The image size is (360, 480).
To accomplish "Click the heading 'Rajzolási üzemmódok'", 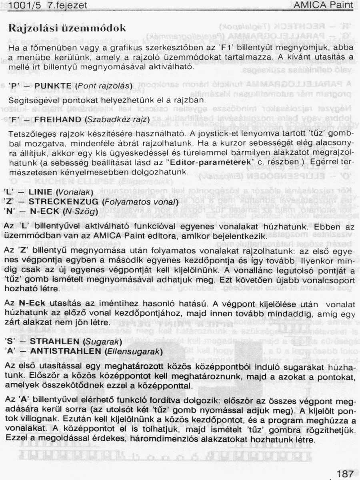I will (67, 28).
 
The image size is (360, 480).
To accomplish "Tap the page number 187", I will (345, 474).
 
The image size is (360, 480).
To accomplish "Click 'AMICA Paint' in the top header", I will (323, 5).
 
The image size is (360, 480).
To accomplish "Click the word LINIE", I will (41, 192).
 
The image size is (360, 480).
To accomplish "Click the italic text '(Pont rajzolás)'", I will (104, 86).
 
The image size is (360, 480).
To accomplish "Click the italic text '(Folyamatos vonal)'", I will (140, 201).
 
